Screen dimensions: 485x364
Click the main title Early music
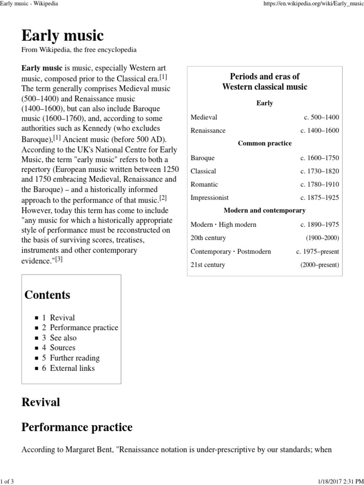63,36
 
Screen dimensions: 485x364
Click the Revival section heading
41,402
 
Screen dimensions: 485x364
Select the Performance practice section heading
77,428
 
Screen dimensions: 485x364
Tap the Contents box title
47,295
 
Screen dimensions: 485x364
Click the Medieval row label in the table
204,117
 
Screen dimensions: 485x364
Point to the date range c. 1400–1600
319,130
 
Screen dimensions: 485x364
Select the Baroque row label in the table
202,158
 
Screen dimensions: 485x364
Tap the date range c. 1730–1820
319,171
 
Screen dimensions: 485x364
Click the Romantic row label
204,184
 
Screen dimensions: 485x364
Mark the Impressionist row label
209,198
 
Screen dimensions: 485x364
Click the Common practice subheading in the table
264,144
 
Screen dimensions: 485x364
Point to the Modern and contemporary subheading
264,210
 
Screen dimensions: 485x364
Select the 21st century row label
208,265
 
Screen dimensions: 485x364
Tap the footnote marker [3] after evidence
59,259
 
